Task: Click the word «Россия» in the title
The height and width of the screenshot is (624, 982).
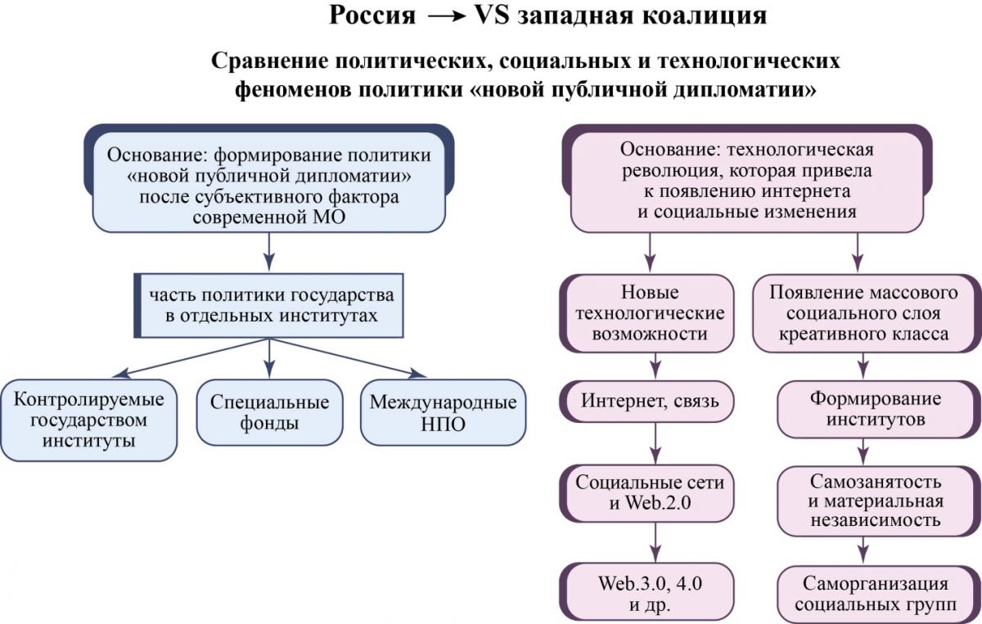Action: pos(372,16)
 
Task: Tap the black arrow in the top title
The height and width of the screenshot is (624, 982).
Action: pos(446,16)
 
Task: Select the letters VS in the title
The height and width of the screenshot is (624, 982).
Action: pos(493,16)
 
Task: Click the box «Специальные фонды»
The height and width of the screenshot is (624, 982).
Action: pos(269,412)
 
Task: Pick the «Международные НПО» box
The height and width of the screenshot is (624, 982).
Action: pos(444,412)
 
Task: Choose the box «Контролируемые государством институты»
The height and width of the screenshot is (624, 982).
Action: pos(89,420)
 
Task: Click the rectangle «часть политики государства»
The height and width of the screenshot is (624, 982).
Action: pos(268,305)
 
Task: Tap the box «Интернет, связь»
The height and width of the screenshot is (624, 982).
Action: pos(647,402)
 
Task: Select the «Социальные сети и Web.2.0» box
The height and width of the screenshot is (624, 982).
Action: pos(647,493)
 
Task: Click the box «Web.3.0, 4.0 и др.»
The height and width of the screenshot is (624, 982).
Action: pos(647,592)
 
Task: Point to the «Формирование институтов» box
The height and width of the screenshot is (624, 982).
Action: pos(879,409)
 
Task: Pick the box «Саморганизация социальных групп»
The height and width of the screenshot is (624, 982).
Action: pos(879,595)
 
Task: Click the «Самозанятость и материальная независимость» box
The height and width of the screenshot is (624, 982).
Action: pos(879,501)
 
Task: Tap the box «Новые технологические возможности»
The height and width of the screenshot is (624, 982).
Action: pos(647,313)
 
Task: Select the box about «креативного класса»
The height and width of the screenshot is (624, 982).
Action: pos(867,313)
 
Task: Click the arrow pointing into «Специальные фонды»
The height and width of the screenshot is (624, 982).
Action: pos(269,358)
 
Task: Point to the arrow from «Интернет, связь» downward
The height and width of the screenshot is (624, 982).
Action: pos(655,443)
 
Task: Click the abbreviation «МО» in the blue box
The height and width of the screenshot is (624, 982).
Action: pos(329,218)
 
